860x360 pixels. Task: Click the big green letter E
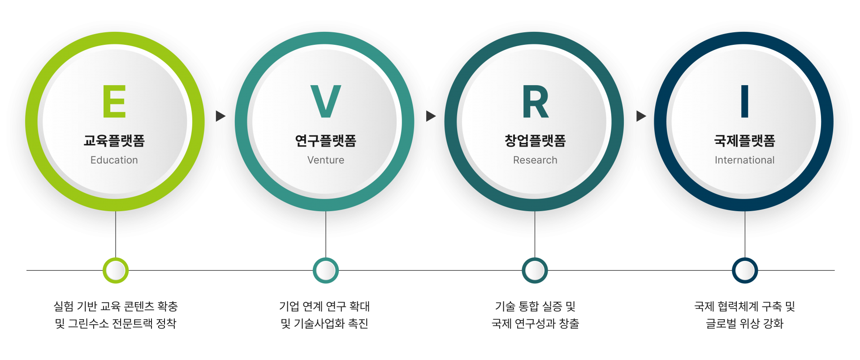(114, 101)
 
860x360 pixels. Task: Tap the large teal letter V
(326, 101)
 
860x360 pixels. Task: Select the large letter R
(535, 101)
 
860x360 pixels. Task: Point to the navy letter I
(744, 101)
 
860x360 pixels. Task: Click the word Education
(114, 160)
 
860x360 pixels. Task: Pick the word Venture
(326, 160)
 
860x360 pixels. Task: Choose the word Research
(535, 160)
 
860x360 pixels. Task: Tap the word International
(744, 160)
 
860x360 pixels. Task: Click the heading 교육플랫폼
(114, 141)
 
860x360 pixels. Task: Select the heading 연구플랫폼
(326, 141)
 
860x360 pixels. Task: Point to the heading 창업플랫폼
(535, 141)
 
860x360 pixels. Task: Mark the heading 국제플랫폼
(744, 141)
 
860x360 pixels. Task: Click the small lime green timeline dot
(116, 270)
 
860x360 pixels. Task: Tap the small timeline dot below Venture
(326, 270)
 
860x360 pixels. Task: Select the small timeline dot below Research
(535, 270)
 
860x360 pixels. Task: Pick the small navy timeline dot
(745, 270)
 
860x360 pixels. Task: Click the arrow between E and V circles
(220, 117)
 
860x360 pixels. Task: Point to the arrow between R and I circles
(641, 117)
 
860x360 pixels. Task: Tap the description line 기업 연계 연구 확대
(324, 307)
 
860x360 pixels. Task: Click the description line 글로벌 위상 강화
(744, 324)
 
